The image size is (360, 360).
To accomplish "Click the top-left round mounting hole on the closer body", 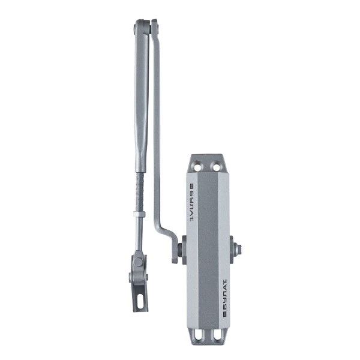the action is click(x=197, y=167).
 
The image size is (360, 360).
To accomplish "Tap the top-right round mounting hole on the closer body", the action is click(x=216, y=167).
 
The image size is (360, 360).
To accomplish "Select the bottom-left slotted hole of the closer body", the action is click(x=197, y=336).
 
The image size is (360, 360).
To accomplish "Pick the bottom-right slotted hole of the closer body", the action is click(x=216, y=336).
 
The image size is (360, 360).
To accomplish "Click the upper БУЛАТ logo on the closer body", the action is click(x=192, y=202).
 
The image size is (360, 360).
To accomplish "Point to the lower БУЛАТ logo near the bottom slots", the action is click(x=224, y=298).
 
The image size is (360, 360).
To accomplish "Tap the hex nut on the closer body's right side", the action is click(x=238, y=249).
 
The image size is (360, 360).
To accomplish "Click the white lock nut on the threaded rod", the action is click(x=139, y=214).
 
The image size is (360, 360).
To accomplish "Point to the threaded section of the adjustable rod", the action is click(x=140, y=192).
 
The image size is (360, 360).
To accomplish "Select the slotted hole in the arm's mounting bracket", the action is click(x=140, y=301).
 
